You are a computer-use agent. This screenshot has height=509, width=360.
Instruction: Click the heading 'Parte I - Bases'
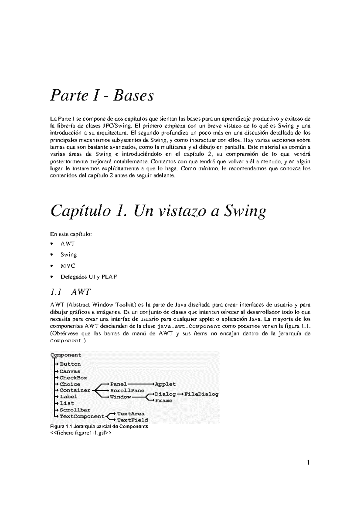pyautogui.click(x=102, y=96)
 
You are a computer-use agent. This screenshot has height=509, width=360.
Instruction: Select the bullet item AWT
pyautogui.click(x=67, y=244)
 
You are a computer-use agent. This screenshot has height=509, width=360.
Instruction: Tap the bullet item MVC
pyautogui.click(x=68, y=266)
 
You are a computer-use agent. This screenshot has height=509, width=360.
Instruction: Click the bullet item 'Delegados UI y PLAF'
pyautogui.click(x=88, y=277)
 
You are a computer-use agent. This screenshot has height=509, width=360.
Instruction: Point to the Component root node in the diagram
pyautogui.click(x=66, y=355)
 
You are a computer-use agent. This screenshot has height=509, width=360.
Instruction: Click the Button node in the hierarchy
pyautogui.click(x=70, y=364)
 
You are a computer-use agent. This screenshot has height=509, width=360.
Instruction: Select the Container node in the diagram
pyautogui.click(x=75, y=390)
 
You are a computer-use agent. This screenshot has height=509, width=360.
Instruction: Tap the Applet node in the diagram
pyautogui.click(x=165, y=384)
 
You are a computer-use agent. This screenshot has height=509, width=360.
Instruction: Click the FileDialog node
pyautogui.click(x=201, y=394)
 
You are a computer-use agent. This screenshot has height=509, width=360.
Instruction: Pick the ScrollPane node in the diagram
pyautogui.click(x=127, y=391)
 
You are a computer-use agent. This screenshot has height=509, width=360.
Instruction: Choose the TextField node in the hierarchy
pyautogui.click(x=132, y=420)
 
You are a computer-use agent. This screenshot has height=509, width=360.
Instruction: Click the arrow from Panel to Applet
pyautogui.click(x=141, y=384)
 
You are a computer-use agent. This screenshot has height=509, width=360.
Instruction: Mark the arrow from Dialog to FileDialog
pyautogui.click(x=180, y=394)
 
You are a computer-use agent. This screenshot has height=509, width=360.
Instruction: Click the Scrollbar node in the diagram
pyautogui.click(x=75, y=410)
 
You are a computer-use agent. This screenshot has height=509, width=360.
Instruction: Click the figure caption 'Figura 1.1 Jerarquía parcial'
pyautogui.click(x=99, y=427)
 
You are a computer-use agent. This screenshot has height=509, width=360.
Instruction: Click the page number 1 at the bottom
pyautogui.click(x=308, y=463)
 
